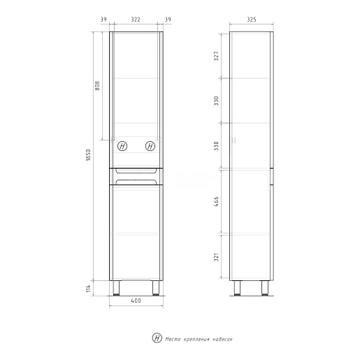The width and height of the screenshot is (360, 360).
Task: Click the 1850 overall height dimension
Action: coord(88,155)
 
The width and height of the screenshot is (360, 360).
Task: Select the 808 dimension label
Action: coord(97,85)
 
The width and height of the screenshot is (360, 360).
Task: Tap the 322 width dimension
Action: coord(136,20)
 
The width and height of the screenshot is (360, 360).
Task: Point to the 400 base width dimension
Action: coord(136,301)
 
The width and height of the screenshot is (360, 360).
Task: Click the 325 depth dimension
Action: coord(252,20)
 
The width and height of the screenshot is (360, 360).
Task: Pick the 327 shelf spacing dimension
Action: coord(216,56)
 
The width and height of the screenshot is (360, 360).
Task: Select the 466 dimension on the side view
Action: coord(216,201)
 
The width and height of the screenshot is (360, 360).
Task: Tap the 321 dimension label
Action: coord(216,257)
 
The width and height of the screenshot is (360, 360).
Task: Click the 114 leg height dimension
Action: coord(88,289)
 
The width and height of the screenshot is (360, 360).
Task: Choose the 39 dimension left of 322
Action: coord(103,20)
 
